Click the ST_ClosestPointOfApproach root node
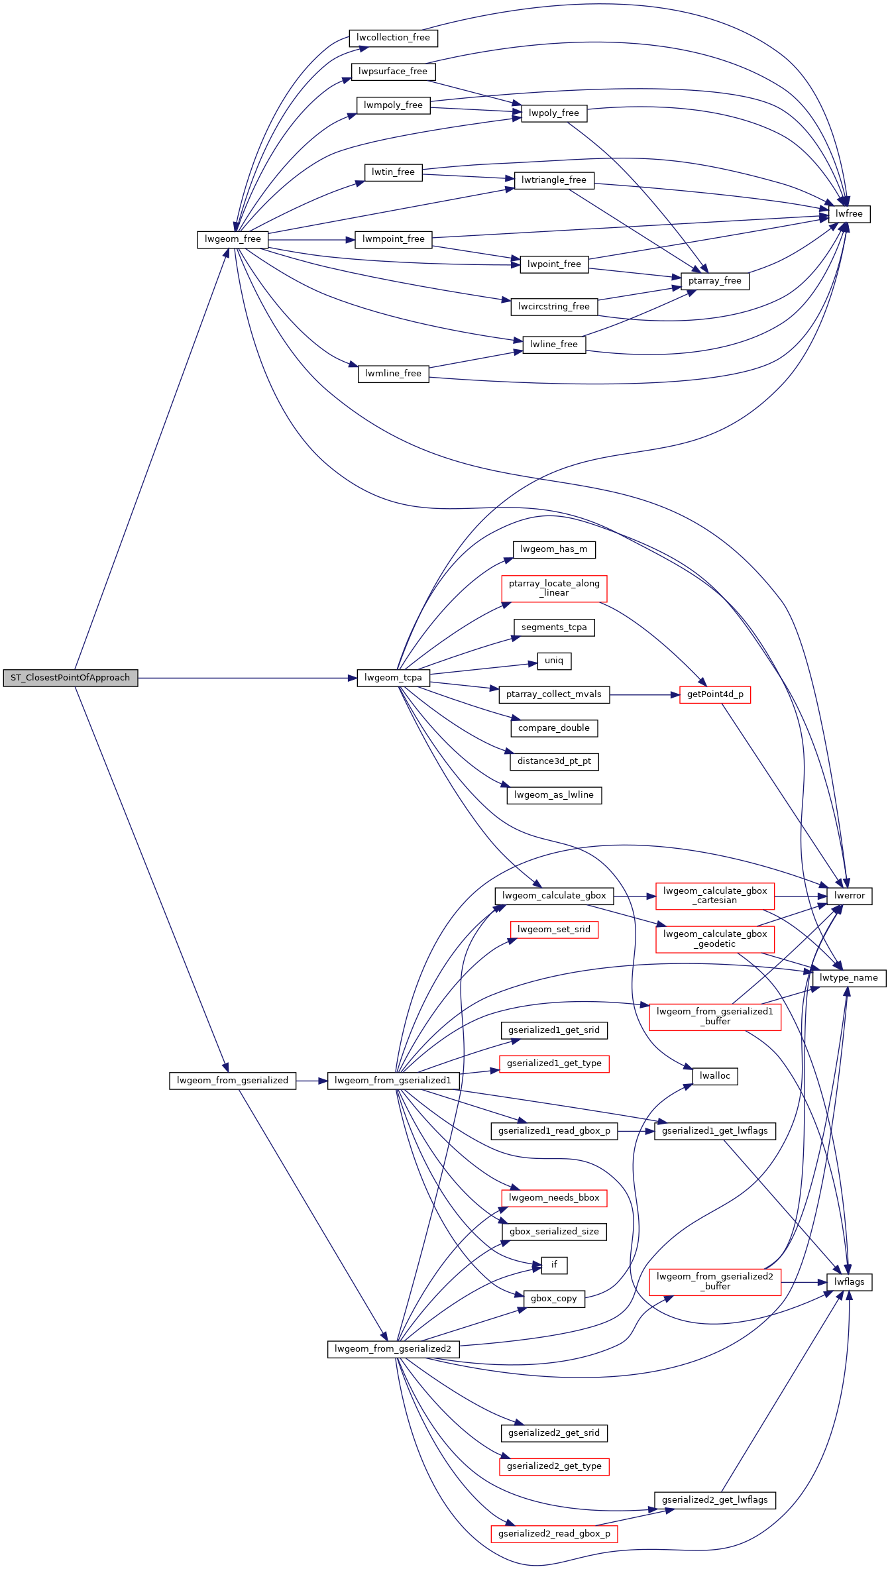coord(70,678)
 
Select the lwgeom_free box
coord(233,239)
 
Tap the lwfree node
coord(849,214)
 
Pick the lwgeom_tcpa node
coord(393,678)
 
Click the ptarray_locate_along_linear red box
coord(554,588)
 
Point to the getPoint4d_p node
coord(715,694)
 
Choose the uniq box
coord(554,661)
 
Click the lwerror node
coord(850,896)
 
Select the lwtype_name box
coord(849,978)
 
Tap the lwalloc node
coord(715,1076)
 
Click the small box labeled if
coord(554,1265)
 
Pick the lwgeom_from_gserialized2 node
coord(393,1349)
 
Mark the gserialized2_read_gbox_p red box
coord(554,1534)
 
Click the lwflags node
coord(850,1282)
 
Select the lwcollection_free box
coord(393,38)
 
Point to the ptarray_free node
coord(715,281)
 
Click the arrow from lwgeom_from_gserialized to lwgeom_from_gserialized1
coord(311,1081)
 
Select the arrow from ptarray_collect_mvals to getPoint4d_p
coord(645,694)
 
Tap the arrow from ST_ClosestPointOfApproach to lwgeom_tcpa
coord(247,678)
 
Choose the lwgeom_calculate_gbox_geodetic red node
coord(715,940)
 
